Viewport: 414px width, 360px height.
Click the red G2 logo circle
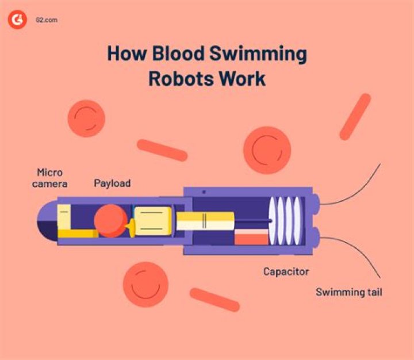(17, 20)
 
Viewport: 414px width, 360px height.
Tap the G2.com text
(47, 20)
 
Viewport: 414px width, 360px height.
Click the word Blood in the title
(178, 53)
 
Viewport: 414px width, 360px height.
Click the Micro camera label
(49, 178)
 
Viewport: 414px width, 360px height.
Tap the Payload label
(112, 183)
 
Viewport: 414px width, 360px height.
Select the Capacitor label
(286, 271)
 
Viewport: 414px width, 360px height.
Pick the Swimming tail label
(349, 292)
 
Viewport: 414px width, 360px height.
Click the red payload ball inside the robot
(110, 221)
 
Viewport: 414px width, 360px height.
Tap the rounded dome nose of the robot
(48, 221)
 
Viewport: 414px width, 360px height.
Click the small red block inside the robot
(251, 237)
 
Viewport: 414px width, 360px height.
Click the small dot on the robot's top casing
(204, 192)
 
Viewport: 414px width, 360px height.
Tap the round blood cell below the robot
(145, 285)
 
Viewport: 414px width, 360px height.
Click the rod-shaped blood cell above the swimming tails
(355, 117)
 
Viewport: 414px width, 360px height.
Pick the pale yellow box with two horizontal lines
(153, 221)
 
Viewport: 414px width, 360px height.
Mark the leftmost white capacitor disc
(272, 221)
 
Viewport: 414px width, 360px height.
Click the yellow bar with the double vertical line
(205, 221)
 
